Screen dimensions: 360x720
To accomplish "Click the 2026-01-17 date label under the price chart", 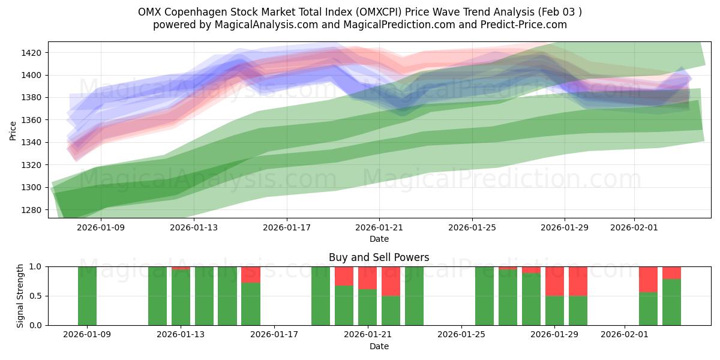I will [x=286, y=227].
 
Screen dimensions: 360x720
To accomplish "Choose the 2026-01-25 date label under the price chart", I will [x=472, y=227].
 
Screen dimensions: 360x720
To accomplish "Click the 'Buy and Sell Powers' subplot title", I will [x=379, y=257].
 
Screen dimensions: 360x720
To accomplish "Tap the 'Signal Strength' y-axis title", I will [x=20, y=296].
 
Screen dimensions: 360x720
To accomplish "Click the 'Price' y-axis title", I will [x=13, y=131].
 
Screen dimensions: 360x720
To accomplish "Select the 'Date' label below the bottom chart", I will [x=379, y=346].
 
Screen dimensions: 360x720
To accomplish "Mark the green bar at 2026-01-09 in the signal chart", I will [x=87, y=296].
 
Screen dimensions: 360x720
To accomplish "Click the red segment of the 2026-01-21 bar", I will [x=367, y=277].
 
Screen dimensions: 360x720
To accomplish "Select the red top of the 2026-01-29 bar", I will [x=554, y=281].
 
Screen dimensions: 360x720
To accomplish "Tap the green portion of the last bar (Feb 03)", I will [x=671, y=302].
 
